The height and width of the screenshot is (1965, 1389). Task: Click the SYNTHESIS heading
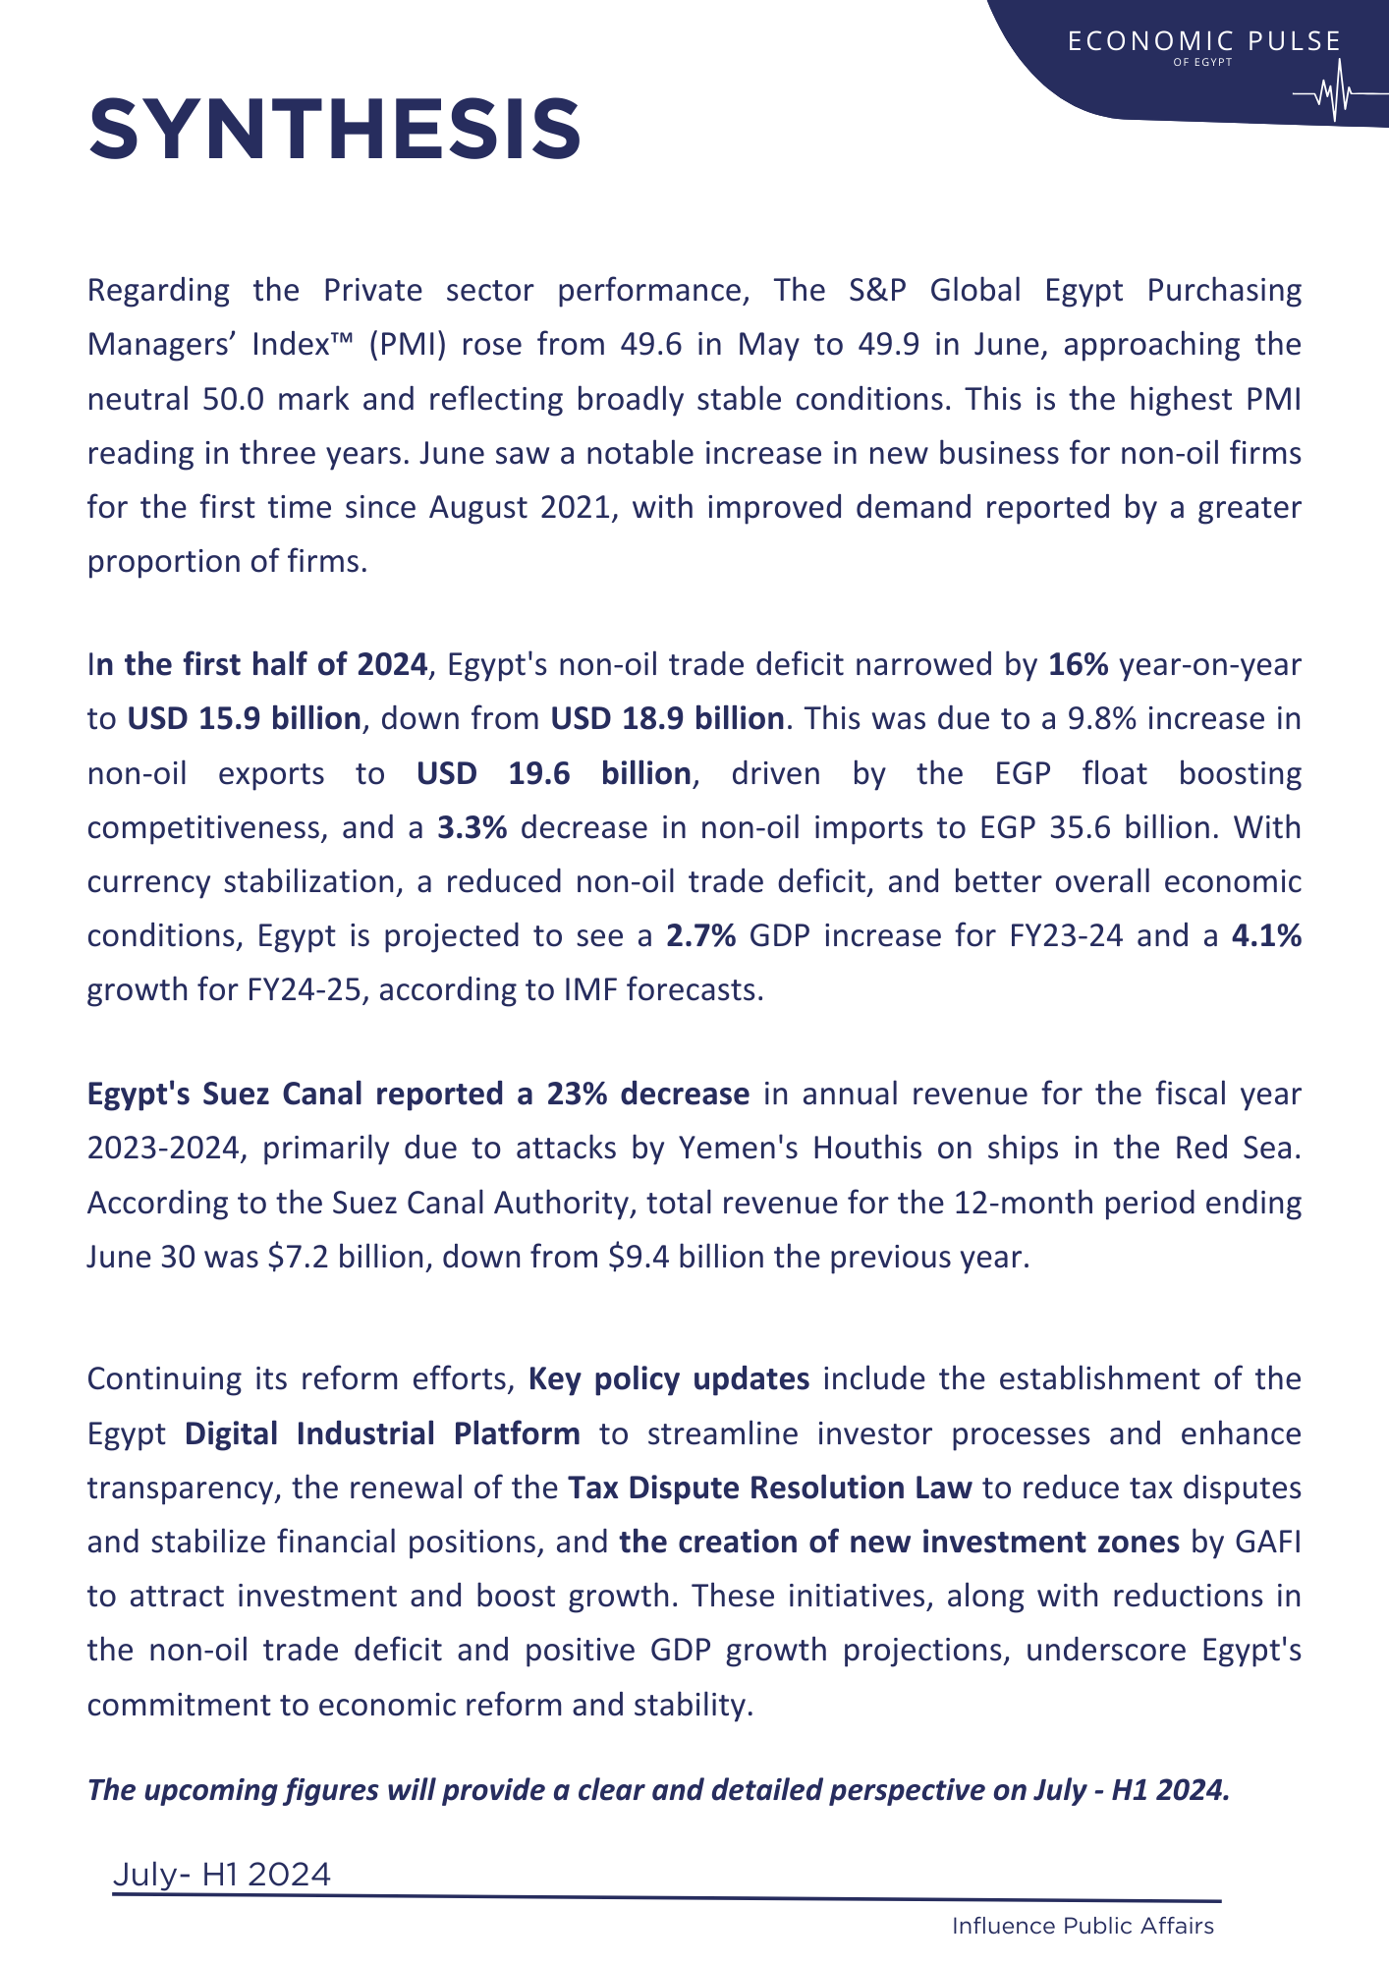click(x=335, y=130)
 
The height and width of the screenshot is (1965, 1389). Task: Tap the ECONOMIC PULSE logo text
click(x=1203, y=41)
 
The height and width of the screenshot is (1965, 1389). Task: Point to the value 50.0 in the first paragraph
click(x=234, y=400)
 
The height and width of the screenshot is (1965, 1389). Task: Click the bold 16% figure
click(x=1078, y=665)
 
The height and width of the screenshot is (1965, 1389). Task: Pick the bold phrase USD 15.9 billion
click(x=244, y=719)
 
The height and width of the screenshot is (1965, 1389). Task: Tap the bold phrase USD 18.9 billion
click(x=667, y=719)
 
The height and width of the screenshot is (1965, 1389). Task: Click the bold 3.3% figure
click(x=472, y=828)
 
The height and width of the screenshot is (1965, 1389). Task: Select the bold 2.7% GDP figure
click(x=701, y=936)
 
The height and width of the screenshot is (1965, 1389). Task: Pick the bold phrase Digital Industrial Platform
click(x=382, y=1433)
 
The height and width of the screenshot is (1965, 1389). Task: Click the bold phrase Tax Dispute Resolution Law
click(x=770, y=1488)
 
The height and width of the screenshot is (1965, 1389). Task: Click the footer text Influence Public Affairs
click(x=1083, y=1927)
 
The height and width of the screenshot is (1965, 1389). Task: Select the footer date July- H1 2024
click(x=222, y=1876)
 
